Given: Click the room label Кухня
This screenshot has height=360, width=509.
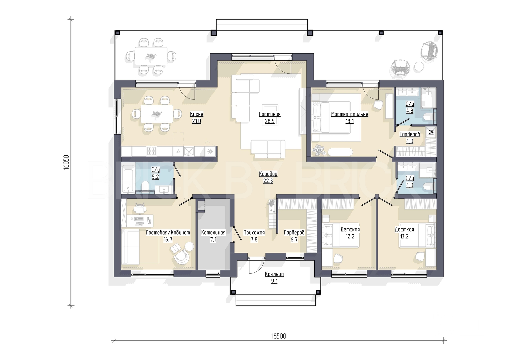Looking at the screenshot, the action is tap(197, 114).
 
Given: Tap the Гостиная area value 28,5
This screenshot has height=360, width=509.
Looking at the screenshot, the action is tap(270, 121).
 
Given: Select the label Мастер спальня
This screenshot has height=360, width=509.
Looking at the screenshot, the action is tap(349, 114).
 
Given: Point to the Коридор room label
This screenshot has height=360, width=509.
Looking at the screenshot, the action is tap(268, 174).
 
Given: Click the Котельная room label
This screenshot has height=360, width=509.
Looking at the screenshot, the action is tap(213, 233).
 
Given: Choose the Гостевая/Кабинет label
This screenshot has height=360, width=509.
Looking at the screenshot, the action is tap(168, 233).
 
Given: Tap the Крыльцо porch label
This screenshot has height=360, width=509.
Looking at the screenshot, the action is tap(274, 274).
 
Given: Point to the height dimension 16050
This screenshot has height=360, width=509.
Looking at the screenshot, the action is tap(66, 162).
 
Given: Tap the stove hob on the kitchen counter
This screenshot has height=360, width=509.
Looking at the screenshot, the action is tap(152, 151).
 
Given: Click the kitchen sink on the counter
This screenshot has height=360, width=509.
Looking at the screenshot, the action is tap(189, 151).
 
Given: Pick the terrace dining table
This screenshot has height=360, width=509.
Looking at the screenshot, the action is tap(151, 56).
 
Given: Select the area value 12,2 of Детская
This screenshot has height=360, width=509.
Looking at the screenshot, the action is tap(350, 237).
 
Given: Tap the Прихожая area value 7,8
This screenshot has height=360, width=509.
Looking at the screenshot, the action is tap(254, 240).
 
